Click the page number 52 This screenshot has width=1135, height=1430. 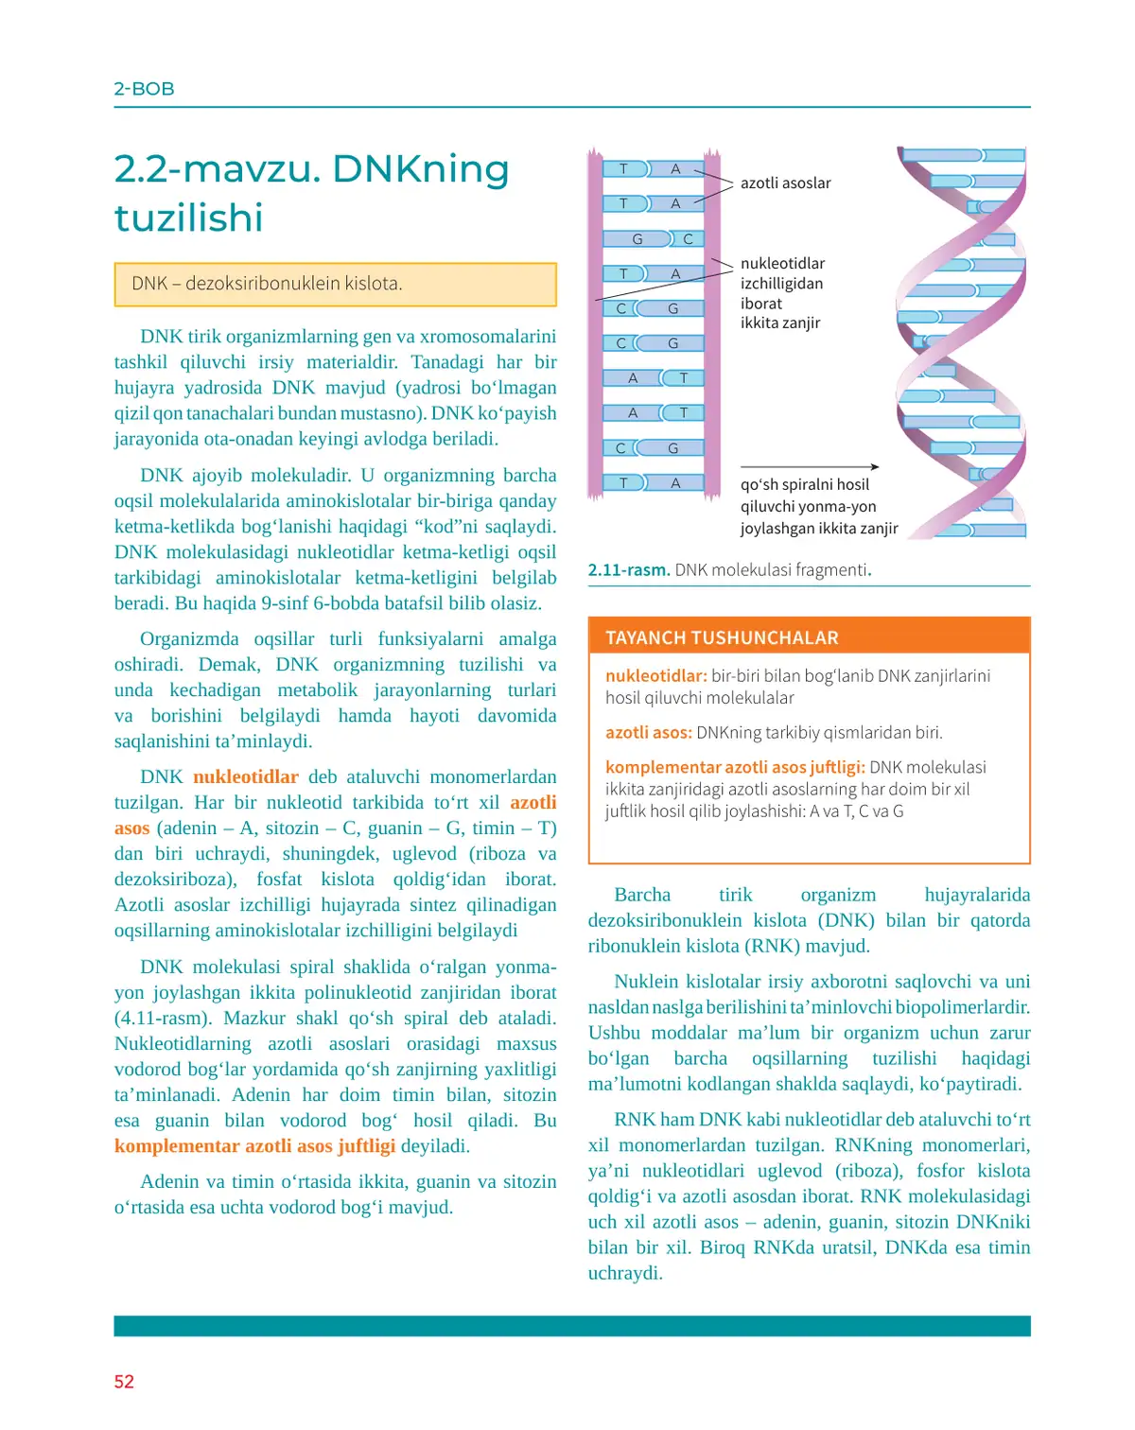point(124,1382)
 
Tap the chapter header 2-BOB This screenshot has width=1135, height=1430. point(144,89)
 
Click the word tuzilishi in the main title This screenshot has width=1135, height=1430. point(188,218)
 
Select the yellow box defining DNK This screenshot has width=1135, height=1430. point(335,285)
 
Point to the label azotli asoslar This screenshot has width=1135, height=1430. point(785,183)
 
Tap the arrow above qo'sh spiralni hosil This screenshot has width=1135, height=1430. point(810,467)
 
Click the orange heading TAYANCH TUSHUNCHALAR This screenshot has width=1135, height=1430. point(722,638)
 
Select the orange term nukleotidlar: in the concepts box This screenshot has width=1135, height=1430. point(655,676)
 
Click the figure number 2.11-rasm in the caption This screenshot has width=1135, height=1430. point(629,570)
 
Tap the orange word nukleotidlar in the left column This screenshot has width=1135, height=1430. point(246,777)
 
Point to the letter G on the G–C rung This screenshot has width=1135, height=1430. point(637,239)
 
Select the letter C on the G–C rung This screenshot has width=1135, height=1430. point(688,239)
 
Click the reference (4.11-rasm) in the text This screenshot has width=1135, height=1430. point(163,1019)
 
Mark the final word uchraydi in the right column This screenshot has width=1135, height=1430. point(624,1273)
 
